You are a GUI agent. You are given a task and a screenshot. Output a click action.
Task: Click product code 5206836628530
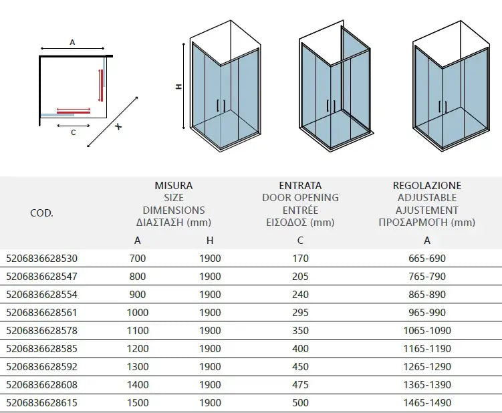tap(41, 258)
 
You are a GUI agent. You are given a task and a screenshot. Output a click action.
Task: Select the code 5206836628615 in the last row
tap(41, 403)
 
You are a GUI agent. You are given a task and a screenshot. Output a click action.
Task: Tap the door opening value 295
tap(300, 312)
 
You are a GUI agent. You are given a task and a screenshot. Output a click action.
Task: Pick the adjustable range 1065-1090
tap(426, 330)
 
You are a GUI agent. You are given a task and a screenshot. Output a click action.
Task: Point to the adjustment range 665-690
tap(426, 258)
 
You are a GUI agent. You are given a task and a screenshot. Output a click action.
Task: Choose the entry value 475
tap(300, 385)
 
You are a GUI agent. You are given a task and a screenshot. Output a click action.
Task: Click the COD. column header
tap(42, 214)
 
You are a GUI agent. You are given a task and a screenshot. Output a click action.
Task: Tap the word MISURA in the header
tap(173, 185)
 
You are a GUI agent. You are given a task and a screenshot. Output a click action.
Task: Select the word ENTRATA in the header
tap(300, 185)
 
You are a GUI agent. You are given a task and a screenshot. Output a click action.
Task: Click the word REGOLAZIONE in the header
tap(426, 185)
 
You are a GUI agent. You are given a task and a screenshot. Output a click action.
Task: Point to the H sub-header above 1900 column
tap(210, 241)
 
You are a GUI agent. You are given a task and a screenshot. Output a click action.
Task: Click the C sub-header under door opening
tap(300, 241)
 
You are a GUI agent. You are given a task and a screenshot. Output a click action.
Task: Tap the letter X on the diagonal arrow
tap(118, 127)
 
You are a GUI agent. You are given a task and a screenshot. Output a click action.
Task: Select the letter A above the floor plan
tap(72, 42)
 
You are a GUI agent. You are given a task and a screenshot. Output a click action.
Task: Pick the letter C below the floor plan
tap(73, 132)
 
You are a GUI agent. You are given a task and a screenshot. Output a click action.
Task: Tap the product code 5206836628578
tap(41, 330)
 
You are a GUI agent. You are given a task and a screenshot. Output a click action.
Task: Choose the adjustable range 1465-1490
tap(426, 403)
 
